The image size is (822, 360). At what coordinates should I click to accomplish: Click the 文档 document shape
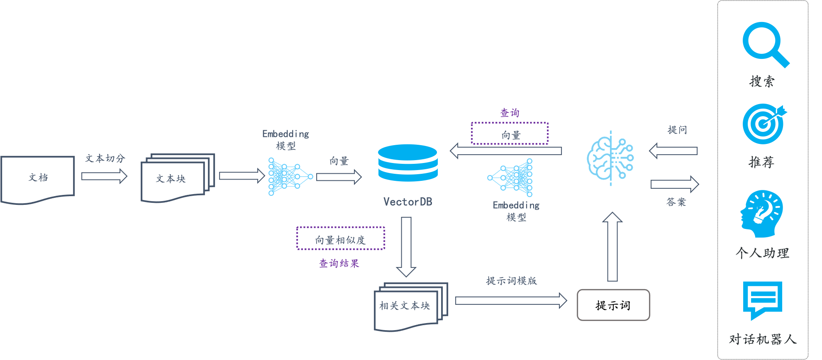(x=37, y=180)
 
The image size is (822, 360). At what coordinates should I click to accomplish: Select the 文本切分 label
(x=105, y=158)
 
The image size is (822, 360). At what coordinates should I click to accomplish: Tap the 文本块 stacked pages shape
(x=178, y=178)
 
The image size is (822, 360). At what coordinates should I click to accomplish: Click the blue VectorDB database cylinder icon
(x=408, y=163)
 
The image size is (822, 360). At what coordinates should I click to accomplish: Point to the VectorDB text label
(x=408, y=202)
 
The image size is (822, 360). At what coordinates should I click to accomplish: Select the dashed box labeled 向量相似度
(x=341, y=238)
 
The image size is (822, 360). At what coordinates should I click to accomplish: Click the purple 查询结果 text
(x=339, y=263)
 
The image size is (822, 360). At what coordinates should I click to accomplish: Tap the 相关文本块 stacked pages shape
(x=411, y=307)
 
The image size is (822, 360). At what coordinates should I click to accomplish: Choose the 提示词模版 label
(x=512, y=281)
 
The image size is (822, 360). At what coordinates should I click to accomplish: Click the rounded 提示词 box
(x=613, y=305)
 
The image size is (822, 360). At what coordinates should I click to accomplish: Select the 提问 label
(x=677, y=130)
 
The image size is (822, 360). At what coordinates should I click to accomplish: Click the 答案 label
(x=676, y=202)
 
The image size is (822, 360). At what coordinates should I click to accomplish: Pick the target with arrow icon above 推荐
(x=764, y=124)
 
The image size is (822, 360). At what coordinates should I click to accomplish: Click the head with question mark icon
(x=761, y=214)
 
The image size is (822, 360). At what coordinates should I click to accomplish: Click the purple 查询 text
(x=510, y=113)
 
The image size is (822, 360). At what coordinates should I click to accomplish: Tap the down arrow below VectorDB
(x=406, y=247)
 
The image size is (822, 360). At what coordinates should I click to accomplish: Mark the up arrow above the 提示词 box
(x=612, y=247)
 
